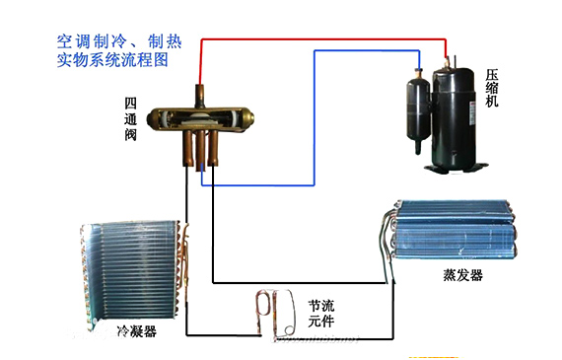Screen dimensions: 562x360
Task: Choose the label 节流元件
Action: (x=321, y=313)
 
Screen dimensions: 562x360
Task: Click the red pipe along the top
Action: (x=325, y=40)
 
